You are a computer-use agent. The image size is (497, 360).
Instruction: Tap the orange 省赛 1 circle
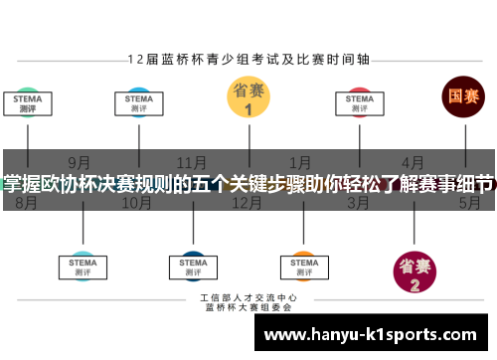248,98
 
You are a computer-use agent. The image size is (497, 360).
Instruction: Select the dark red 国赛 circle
463,97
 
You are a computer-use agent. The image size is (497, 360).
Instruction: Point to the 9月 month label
81,162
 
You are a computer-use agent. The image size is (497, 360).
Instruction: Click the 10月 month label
136,203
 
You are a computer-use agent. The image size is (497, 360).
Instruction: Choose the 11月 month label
191,162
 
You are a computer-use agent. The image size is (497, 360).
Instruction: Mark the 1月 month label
301,162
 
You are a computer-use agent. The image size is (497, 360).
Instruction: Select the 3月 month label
358,203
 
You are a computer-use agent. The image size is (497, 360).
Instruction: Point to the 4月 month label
413,162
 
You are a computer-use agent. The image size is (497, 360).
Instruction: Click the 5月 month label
468,203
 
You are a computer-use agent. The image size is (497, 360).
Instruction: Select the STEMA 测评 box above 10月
139,103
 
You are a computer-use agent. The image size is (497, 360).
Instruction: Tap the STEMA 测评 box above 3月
359,103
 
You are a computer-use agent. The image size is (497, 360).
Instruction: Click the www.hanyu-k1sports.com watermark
378,336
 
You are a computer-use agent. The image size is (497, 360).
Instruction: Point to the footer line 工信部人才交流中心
248,297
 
